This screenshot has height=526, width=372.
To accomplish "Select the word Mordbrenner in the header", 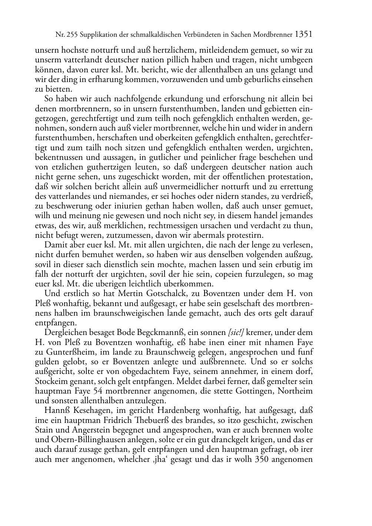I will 273,35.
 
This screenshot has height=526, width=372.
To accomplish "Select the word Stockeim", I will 50,381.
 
